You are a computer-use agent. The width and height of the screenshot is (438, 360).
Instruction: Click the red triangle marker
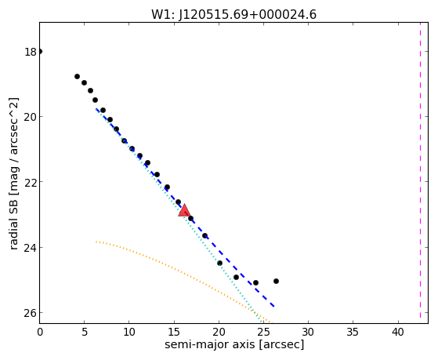[184, 210]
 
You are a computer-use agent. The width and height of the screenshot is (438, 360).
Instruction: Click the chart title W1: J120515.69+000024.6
[233, 15]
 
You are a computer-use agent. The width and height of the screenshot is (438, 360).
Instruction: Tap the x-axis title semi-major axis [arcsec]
[234, 344]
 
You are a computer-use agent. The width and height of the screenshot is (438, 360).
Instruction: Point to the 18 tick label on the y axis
[31, 52]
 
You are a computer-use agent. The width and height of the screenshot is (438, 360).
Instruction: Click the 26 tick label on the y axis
[31, 313]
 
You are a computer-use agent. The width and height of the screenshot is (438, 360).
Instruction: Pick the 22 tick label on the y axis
[31, 182]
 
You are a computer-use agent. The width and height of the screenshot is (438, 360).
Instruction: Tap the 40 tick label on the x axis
[398, 332]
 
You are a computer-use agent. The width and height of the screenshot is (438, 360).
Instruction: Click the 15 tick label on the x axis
[174, 332]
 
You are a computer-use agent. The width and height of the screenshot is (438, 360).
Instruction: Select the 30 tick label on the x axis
[308, 332]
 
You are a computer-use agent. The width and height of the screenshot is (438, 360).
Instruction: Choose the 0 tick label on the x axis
[40, 332]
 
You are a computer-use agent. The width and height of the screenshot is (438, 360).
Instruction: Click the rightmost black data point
[276, 281]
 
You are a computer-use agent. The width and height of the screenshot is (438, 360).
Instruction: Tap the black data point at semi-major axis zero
[40, 51]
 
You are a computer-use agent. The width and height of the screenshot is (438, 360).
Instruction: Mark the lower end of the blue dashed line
[274, 307]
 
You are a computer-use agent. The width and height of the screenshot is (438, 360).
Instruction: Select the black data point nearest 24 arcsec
[255, 283]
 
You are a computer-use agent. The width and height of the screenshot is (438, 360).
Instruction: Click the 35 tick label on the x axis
[353, 332]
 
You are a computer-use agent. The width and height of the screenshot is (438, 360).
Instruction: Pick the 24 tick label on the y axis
[31, 248]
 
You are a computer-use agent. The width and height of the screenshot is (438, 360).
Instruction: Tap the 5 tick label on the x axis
[85, 332]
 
